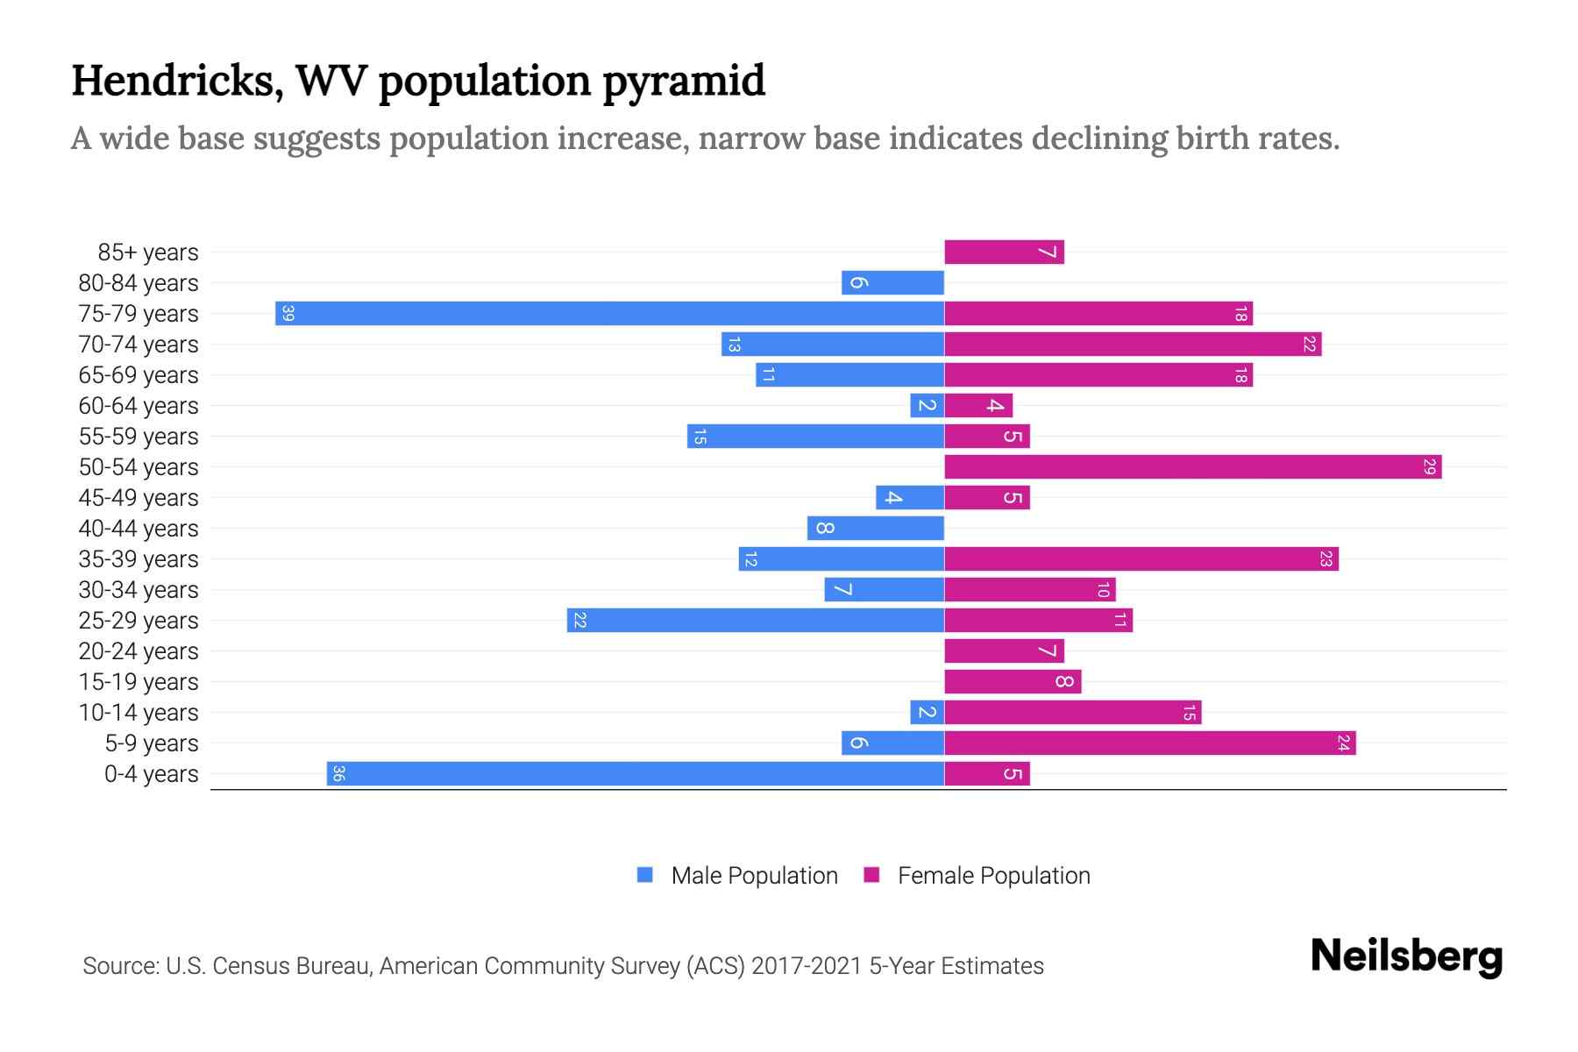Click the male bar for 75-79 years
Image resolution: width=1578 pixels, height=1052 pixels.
(x=609, y=313)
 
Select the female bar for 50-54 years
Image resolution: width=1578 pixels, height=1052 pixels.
(x=1192, y=466)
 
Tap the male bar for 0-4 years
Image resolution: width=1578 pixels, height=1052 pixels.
(x=636, y=773)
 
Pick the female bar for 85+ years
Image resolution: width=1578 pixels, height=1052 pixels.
(x=1004, y=252)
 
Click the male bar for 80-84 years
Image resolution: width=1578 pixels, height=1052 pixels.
(x=892, y=282)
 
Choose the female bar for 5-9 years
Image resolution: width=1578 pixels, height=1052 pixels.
(x=1149, y=743)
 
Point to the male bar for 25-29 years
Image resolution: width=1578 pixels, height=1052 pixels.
(x=755, y=620)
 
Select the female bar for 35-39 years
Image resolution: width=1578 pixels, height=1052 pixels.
(x=1141, y=558)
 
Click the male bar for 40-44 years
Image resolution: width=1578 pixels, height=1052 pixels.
(x=875, y=528)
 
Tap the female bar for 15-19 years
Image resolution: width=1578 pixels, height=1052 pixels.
(x=1013, y=681)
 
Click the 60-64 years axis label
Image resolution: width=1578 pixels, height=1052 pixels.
(x=139, y=406)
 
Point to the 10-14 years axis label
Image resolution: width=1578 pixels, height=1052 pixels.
(x=139, y=713)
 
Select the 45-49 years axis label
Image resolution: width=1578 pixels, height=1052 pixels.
(x=139, y=498)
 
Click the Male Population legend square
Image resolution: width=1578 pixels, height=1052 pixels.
(x=645, y=875)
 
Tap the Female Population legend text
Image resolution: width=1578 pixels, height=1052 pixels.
(x=993, y=875)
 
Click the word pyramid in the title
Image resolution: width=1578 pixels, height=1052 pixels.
(x=684, y=81)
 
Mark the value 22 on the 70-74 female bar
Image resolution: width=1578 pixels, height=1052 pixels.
(x=1308, y=344)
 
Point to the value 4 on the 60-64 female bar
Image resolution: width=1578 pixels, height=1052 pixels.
(x=994, y=405)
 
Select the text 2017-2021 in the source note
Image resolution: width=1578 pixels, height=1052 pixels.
(x=806, y=965)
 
